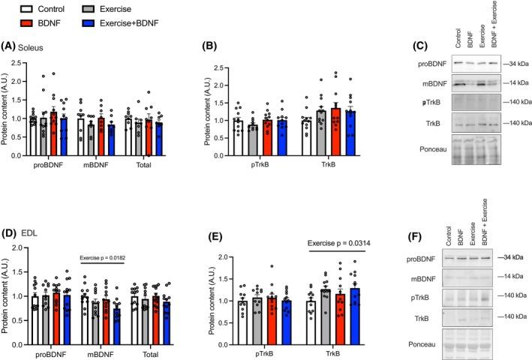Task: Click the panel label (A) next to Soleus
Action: point(11,53)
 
